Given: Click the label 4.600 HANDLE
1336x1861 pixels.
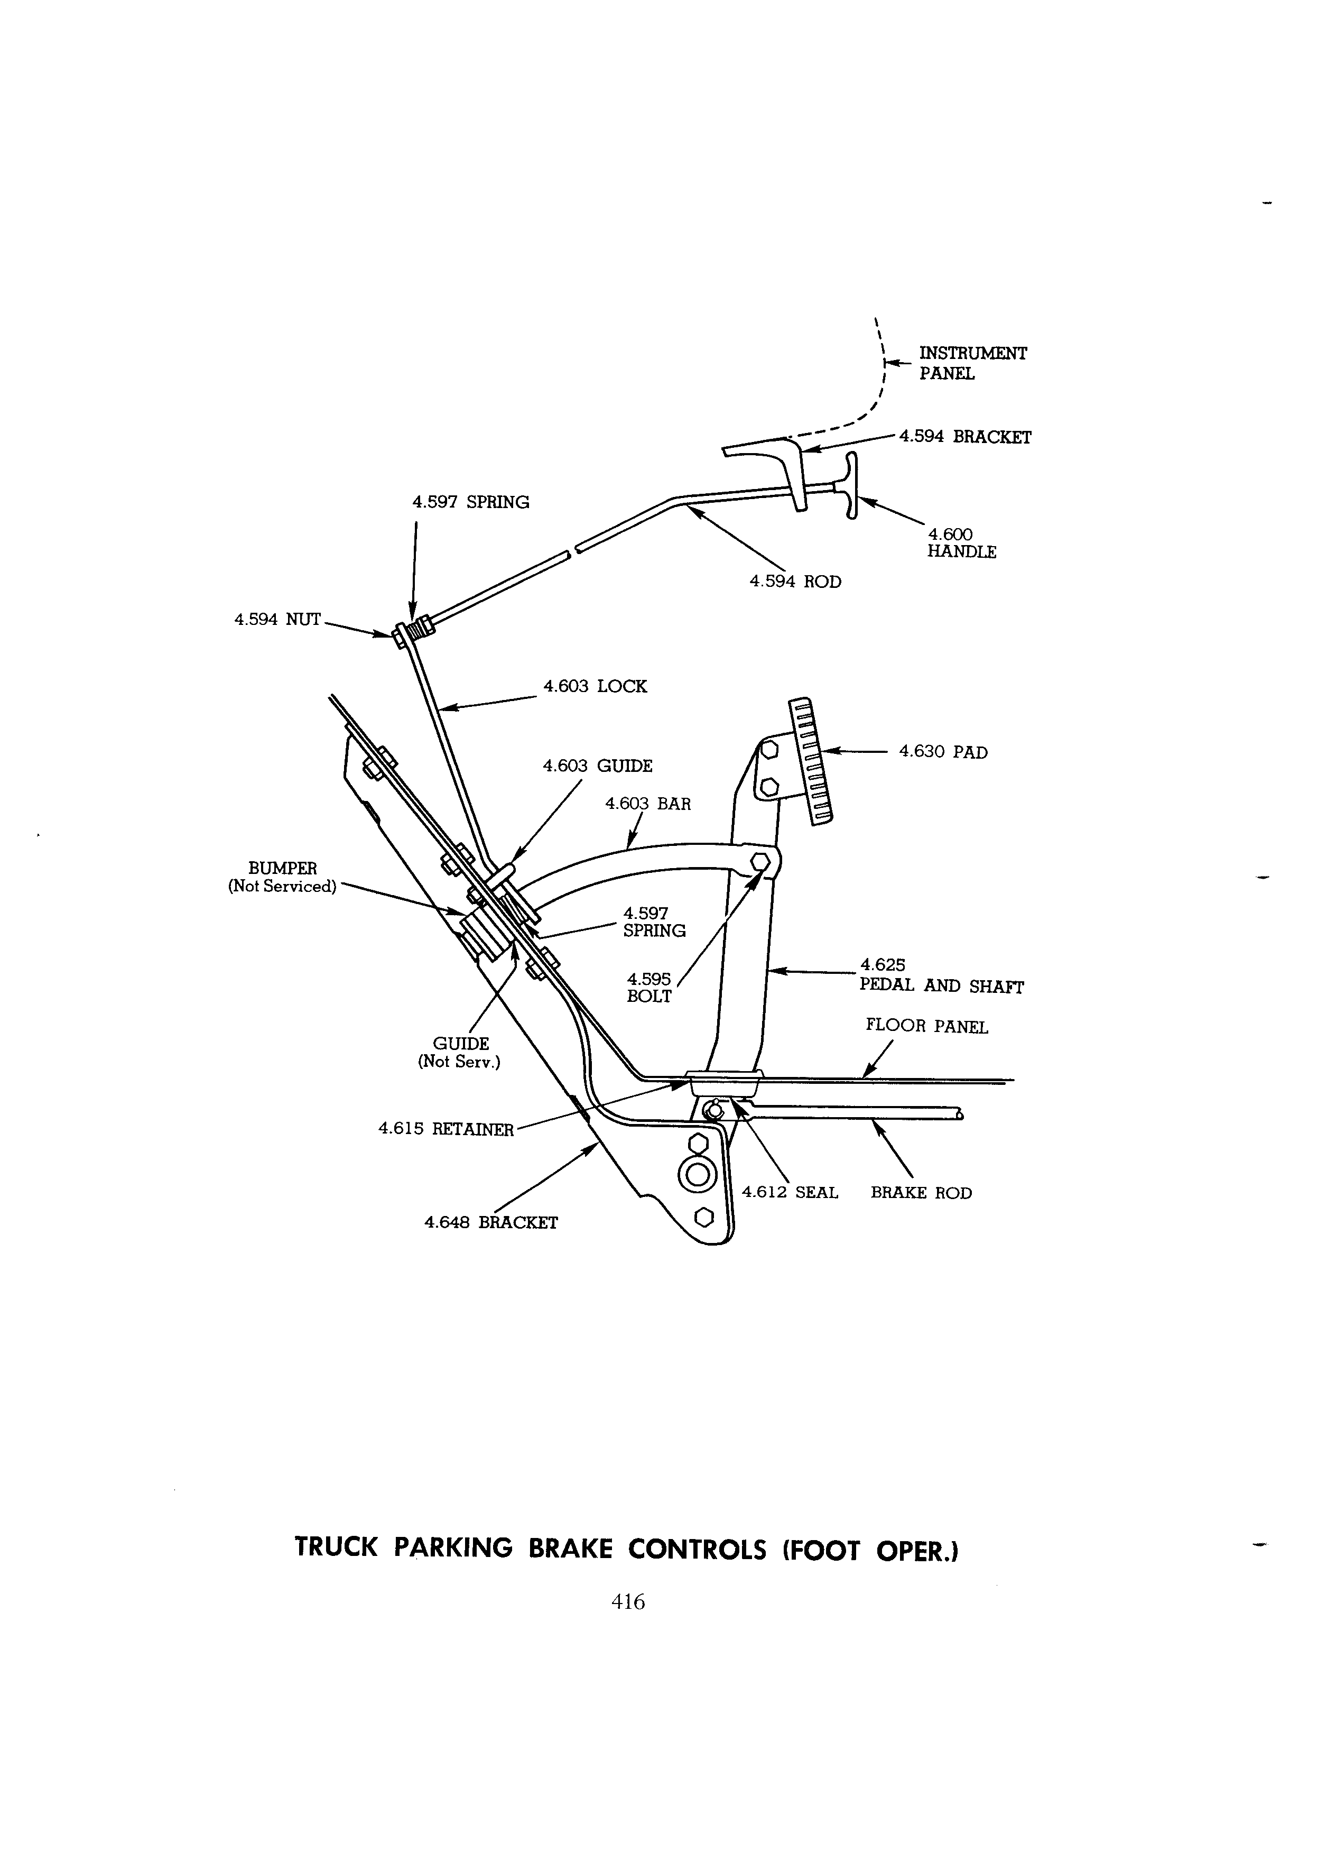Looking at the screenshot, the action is (x=961, y=543).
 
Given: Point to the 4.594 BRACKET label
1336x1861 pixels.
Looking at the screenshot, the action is (x=966, y=437).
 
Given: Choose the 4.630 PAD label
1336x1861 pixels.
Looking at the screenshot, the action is (x=943, y=752).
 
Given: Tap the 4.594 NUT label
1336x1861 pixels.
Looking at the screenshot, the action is (x=277, y=620).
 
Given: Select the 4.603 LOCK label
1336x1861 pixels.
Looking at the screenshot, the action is (x=595, y=686).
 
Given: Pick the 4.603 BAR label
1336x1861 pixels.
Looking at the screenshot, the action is (x=648, y=804).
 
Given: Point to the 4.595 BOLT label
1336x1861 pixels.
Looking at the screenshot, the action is (x=649, y=988).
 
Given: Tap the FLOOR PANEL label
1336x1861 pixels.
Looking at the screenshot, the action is (x=927, y=1027).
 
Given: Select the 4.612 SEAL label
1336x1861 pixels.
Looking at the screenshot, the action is (x=790, y=1192).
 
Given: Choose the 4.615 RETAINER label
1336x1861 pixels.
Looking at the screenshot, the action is (x=446, y=1129).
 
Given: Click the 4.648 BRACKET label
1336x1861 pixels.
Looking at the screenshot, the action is (x=490, y=1223).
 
